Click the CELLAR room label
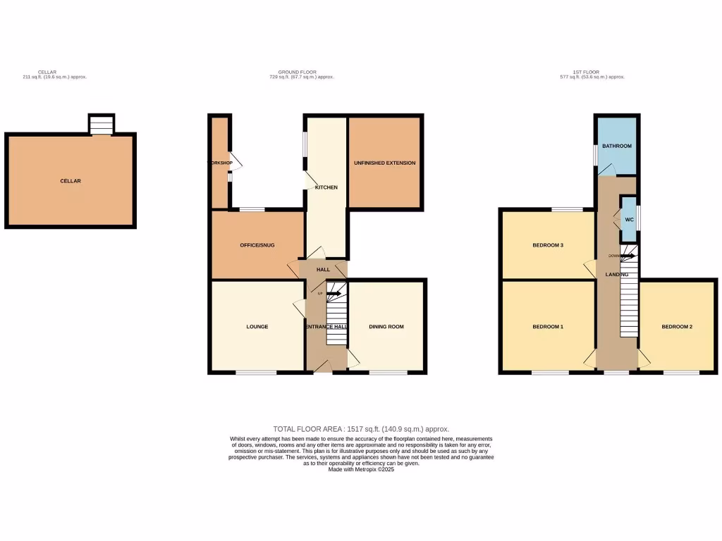tap(71, 181)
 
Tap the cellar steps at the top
tap(100, 125)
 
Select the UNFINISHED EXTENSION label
tap(384, 163)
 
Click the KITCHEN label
tap(326, 187)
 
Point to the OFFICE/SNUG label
tap(257, 245)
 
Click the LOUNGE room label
tap(257, 327)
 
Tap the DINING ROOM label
tap(386, 327)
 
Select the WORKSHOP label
tap(219, 163)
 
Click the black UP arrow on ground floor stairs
tap(334, 293)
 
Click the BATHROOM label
tap(617, 146)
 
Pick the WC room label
tap(629, 220)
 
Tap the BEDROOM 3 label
tap(548, 245)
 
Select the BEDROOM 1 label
tap(548, 327)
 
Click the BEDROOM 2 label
tap(677, 327)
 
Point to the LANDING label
tap(608, 274)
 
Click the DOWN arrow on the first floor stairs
tap(626, 256)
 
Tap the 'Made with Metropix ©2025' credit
tap(361, 469)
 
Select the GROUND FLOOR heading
tap(297, 72)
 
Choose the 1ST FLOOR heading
tap(587, 72)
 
